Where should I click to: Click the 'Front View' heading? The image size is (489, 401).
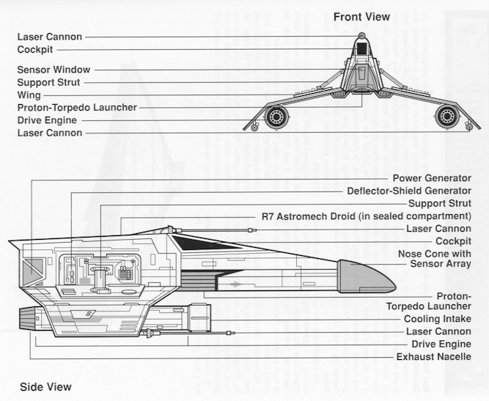coord(361,16)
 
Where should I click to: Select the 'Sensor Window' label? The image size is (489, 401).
coord(54,70)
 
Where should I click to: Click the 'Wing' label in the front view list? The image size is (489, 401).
coord(29,95)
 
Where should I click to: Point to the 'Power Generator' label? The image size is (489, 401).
coord(431,178)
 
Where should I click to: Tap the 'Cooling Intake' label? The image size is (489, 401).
coord(437,319)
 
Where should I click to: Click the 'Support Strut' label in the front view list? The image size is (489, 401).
coord(48,83)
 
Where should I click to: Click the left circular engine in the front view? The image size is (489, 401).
coord(276,117)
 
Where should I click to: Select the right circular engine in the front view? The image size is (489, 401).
coord(447,116)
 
